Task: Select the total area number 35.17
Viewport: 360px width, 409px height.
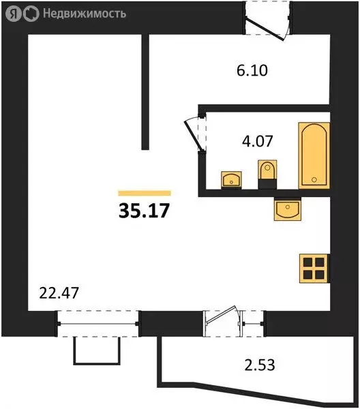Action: pos(143,209)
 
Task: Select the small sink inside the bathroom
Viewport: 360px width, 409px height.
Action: pos(231,180)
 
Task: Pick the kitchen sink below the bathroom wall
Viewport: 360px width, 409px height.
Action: pos(287,209)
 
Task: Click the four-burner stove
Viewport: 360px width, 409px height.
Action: pos(314,267)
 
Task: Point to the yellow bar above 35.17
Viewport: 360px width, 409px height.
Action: pos(144,193)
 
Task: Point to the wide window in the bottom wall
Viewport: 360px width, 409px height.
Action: pos(98,319)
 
